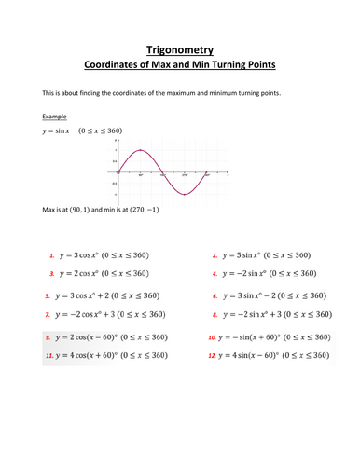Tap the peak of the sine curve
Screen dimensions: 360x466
pyautogui.click(x=140, y=150)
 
